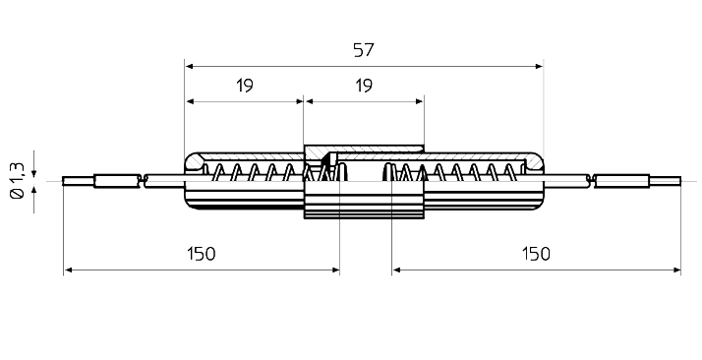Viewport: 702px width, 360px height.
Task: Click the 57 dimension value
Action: tap(363, 50)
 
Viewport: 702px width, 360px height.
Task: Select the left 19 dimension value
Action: tap(245, 85)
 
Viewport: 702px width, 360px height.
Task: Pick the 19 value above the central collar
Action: tap(364, 85)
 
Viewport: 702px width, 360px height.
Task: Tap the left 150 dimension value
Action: tap(201, 254)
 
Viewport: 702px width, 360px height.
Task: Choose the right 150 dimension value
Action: tap(536, 254)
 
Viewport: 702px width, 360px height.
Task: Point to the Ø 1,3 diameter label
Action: tap(18, 180)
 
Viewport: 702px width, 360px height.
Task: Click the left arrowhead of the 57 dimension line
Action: tap(189, 66)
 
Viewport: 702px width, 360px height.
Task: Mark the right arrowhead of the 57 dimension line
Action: tap(539, 66)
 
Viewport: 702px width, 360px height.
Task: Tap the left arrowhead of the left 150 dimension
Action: tap(68, 270)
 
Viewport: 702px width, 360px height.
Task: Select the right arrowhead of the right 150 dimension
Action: tap(676, 270)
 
